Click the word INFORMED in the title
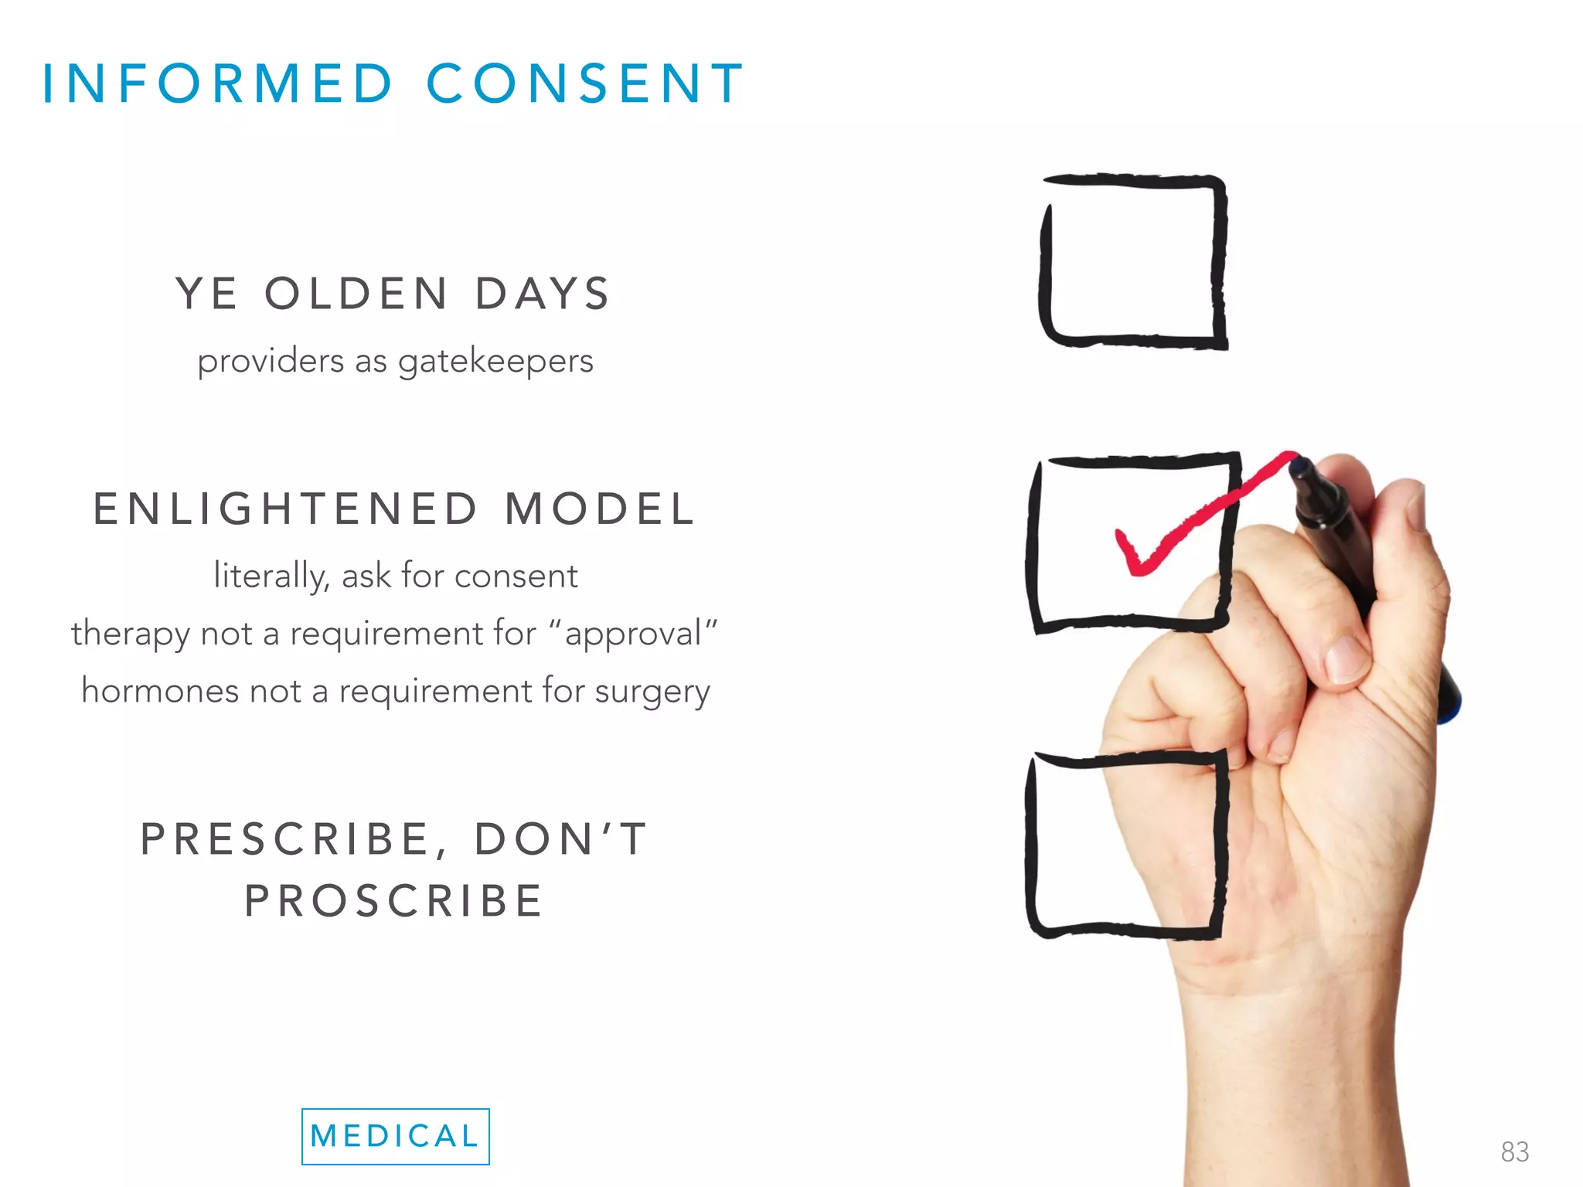pos(218,83)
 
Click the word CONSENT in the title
pos(585,83)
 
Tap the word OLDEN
pos(356,294)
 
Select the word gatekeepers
pos(495,362)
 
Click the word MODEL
pos(600,509)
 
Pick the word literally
pos(271,576)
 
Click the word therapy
pos(130,634)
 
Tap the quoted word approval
pos(633,634)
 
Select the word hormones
pos(159,691)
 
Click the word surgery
pos(652,692)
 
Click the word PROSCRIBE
pos(395,901)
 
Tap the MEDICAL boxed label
pos(395,1136)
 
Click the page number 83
pos(1514,1151)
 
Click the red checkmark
pos(1183,525)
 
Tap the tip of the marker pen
pos(1299,464)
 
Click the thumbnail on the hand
pos(1348,657)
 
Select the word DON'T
pos(562,839)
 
